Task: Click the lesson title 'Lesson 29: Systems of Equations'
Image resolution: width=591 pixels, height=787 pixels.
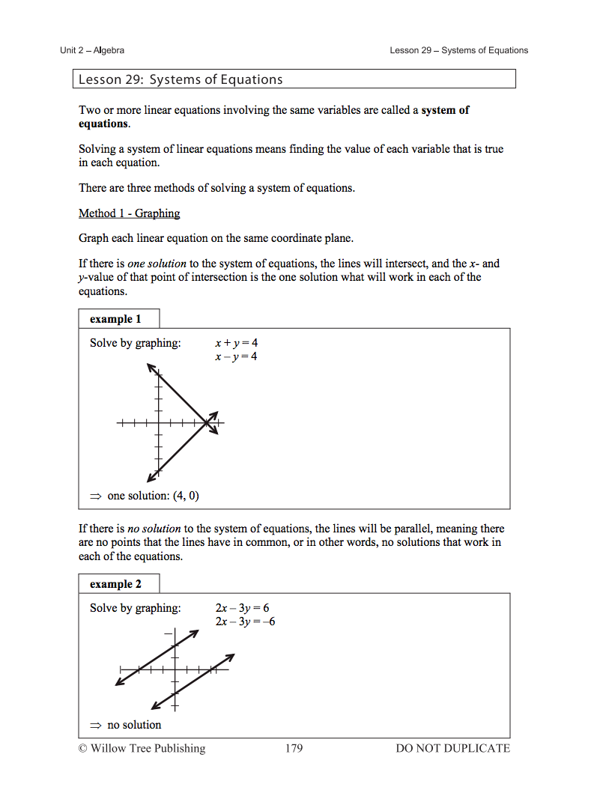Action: tap(181, 79)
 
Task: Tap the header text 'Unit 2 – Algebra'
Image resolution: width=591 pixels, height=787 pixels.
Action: tap(92, 50)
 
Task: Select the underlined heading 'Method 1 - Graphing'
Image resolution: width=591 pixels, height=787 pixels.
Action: tap(130, 213)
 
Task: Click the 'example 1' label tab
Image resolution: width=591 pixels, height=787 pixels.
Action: tap(115, 319)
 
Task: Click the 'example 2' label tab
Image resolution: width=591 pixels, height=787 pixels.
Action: tap(115, 584)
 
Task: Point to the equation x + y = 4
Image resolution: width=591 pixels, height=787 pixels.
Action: tap(236, 343)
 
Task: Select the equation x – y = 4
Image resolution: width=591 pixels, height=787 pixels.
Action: tap(236, 356)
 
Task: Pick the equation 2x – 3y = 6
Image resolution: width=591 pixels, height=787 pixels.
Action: tap(242, 608)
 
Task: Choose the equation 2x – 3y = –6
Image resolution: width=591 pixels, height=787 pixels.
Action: tap(245, 622)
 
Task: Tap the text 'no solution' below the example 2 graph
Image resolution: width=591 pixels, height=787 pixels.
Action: tap(134, 725)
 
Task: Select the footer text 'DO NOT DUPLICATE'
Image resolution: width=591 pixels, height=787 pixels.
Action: tap(452, 748)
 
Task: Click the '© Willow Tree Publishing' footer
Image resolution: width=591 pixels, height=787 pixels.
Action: tap(142, 748)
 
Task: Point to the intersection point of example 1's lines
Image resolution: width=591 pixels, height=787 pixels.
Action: tap(207, 424)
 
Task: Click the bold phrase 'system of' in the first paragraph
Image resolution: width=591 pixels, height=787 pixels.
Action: tap(446, 110)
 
